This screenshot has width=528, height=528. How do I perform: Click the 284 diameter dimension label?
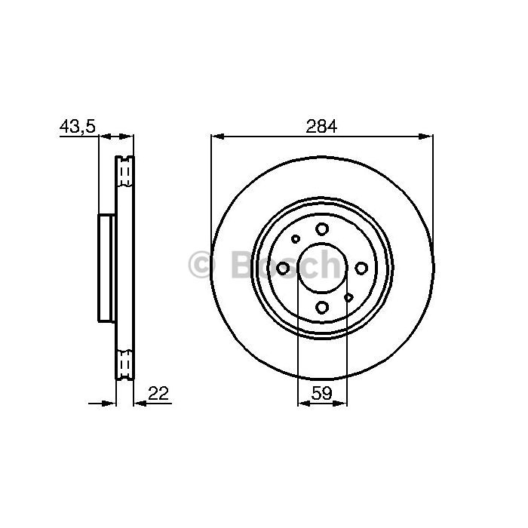[321, 127]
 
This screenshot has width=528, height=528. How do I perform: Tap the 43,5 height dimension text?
[78, 126]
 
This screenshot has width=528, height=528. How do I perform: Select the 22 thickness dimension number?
[158, 393]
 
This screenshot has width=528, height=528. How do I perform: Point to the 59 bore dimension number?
[322, 393]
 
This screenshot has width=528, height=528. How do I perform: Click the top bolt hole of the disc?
[322, 229]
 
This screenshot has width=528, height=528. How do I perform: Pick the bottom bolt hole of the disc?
[322, 307]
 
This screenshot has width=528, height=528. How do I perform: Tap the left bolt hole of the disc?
[283, 268]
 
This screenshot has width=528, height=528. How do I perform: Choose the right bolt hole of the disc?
[361, 268]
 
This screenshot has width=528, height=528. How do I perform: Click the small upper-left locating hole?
[296, 239]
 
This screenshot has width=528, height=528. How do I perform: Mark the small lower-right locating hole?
[348, 297]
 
